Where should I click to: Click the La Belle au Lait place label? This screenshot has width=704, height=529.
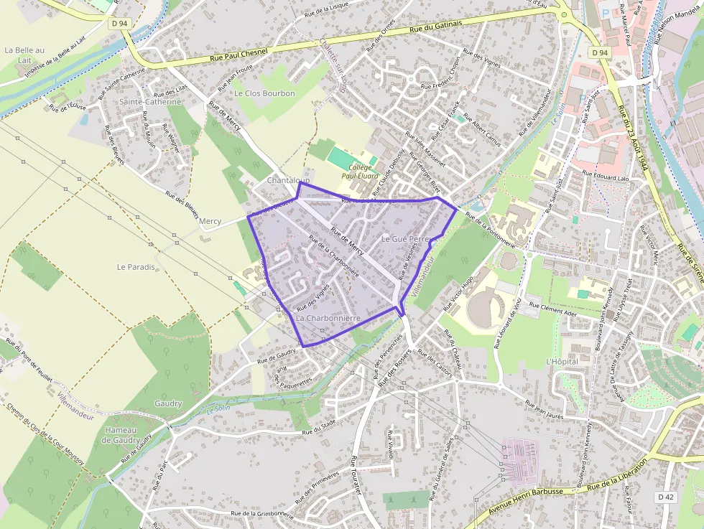(x=24, y=55)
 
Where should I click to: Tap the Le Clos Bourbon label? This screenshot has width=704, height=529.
(x=264, y=93)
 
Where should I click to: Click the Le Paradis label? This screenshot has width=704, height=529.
(x=136, y=266)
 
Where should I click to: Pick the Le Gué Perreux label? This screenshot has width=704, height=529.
(x=407, y=238)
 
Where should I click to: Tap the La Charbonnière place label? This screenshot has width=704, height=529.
(x=328, y=317)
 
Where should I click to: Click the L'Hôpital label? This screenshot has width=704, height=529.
(x=562, y=362)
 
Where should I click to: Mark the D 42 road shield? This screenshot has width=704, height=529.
(x=666, y=497)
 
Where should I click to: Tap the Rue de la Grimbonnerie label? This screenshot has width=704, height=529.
(x=263, y=514)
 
